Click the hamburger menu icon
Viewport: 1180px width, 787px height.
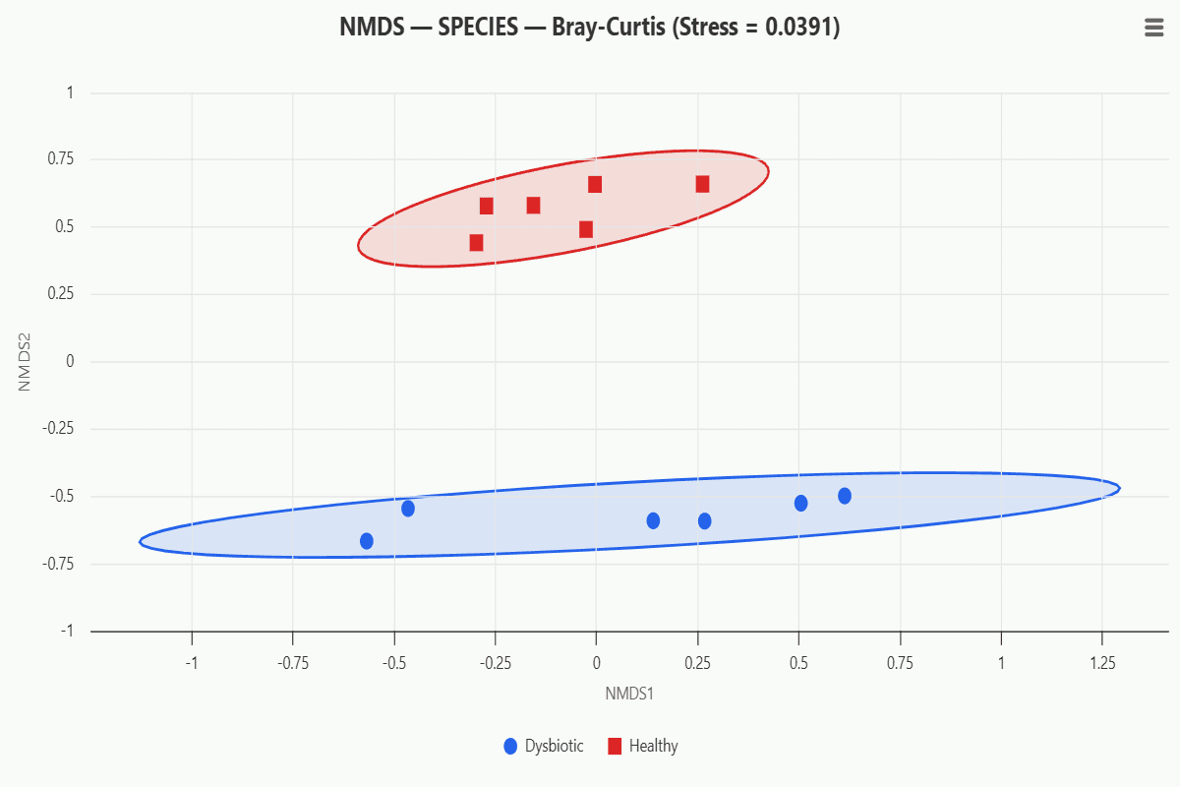pyautogui.click(x=1154, y=29)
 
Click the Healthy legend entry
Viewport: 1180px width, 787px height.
pyautogui.click(x=644, y=746)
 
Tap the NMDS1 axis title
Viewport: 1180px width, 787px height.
pyautogui.click(x=629, y=694)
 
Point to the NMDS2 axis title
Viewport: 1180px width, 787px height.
pyautogui.click(x=26, y=361)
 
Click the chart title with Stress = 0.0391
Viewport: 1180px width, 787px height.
pyautogui.click(x=589, y=28)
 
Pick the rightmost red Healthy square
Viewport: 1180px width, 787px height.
pyautogui.click(x=702, y=184)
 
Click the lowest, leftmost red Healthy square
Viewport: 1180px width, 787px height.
pyautogui.click(x=476, y=242)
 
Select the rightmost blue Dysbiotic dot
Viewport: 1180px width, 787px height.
pyautogui.click(x=845, y=496)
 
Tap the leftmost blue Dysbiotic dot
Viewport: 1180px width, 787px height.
pyautogui.click(x=367, y=541)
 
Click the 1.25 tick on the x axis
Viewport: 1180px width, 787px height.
pyautogui.click(x=1102, y=663)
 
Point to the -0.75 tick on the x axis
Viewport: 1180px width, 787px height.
pyautogui.click(x=293, y=663)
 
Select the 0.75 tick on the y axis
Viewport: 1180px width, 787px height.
pyautogui.click(x=62, y=159)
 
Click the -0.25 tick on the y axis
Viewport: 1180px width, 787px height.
pyautogui.click(x=59, y=429)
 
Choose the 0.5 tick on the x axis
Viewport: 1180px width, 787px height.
pyautogui.click(x=798, y=663)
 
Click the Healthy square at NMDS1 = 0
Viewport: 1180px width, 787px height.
pyautogui.click(x=595, y=184)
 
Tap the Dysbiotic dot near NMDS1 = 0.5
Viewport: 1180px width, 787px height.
pyautogui.click(x=800, y=504)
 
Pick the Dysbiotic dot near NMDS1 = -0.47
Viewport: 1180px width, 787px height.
pyautogui.click(x=408, y=509)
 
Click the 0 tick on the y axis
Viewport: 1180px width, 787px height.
pyautogui.click(x=70, y=361)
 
